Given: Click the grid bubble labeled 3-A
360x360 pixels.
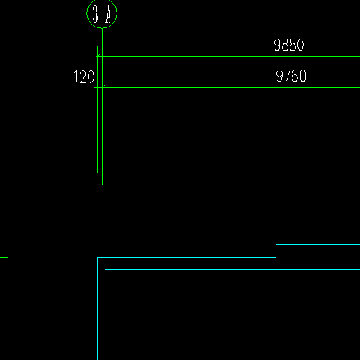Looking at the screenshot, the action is point(102,1).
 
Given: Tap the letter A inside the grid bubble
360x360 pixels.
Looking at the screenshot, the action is point(108,14).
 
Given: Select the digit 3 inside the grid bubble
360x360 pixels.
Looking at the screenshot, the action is point(95,14).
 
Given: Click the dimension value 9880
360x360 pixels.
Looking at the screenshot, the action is point(289,45).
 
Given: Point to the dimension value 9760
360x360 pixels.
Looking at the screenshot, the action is point(291,76).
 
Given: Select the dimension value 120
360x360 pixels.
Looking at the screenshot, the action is point(84,77).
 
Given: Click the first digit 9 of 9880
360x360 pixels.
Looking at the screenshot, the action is point(277,45).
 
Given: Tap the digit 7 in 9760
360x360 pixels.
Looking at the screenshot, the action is point(287,76).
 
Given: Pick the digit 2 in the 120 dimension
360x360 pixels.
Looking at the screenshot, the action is point(83,77).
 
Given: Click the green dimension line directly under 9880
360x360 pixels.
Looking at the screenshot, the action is point(229,57).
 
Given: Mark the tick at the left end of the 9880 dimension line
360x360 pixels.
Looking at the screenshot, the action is point(98,56).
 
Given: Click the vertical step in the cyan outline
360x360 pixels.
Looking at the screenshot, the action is point(276,251).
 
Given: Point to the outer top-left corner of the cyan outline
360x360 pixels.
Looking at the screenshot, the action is point(98,258).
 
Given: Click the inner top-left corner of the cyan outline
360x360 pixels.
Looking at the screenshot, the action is point(105,270).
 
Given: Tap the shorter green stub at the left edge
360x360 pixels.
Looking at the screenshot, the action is point(4,257).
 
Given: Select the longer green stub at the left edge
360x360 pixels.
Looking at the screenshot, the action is point(10,266).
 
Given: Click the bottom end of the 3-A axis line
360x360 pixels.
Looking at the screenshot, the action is point(102,185).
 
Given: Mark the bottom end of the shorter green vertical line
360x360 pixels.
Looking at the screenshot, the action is point(97,173).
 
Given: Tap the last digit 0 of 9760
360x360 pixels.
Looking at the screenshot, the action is point(303,76).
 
